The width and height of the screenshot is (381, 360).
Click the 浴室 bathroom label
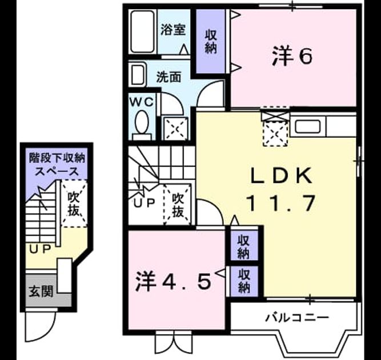pos(173,30)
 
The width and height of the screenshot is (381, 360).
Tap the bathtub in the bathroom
pos(143,31)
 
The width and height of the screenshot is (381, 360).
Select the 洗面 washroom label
pos(169,77)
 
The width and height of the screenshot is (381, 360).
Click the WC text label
pos(142,102)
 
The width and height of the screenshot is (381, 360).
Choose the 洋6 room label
pos(292,57)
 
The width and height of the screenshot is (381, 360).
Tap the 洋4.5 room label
pos(173,281)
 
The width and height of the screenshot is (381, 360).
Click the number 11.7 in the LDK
pos(281,203)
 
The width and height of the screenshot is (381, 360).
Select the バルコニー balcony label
pos(297,318)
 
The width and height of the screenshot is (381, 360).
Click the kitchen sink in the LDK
pos(308,126)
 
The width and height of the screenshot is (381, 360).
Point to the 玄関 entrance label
pos(41,291)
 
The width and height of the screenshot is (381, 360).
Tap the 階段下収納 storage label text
pos(57,158)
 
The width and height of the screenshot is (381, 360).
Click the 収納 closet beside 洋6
pos(211,41)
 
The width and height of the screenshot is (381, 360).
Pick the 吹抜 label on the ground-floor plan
pos(74,203)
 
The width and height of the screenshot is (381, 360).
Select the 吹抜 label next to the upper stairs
pos(178,205)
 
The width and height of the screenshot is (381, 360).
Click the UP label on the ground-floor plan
pos(40,249)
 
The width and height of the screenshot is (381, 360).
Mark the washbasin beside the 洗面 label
pos(138,74)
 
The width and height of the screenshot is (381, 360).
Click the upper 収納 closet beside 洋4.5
pos(244,246)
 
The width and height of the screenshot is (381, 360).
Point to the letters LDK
pos(281,176)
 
